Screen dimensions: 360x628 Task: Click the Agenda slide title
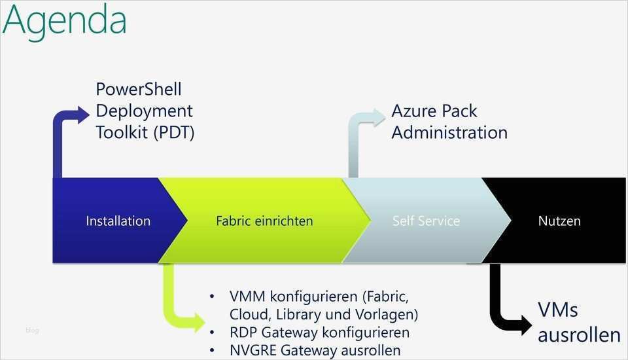(64, 21)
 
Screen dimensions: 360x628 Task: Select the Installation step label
(118, 221)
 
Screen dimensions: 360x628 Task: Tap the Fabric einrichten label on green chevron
(264, 221)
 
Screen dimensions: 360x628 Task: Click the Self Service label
(426, 221)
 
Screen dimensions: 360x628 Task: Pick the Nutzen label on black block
(559, 221)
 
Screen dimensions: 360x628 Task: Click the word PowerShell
(139, 90)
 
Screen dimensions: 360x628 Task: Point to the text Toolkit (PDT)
(145, 132)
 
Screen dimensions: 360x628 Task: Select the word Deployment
(144, 111)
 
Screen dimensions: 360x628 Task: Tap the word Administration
(449, 132)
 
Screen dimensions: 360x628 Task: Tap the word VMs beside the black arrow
(558, 310)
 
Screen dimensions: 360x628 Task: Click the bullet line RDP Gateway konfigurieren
(319, 333)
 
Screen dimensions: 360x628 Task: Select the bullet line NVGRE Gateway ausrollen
(315, 351)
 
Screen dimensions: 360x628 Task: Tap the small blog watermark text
(33, 331)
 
